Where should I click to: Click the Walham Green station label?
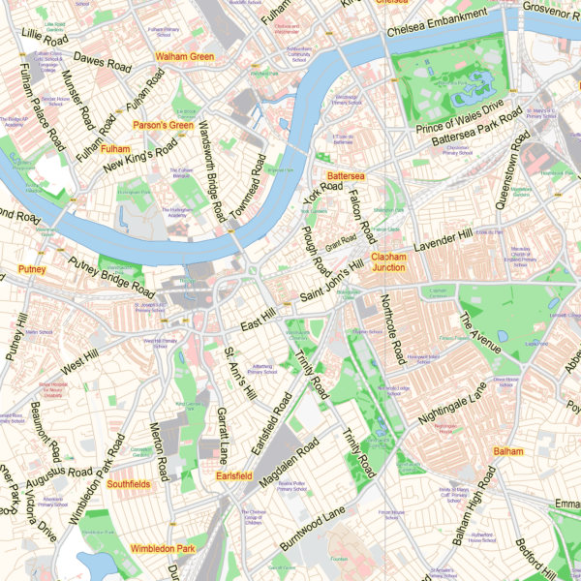[x=184, y=57]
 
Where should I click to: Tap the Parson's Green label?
[x=163, y=125]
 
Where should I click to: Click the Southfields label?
[x=129, y=483]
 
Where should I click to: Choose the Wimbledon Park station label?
[x=163, y=550]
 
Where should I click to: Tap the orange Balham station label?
[x=507, y=452]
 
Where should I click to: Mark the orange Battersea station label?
[x=345, y=177]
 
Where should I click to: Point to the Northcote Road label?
[x=393, y=329]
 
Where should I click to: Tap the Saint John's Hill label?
[x=331, y=279]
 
